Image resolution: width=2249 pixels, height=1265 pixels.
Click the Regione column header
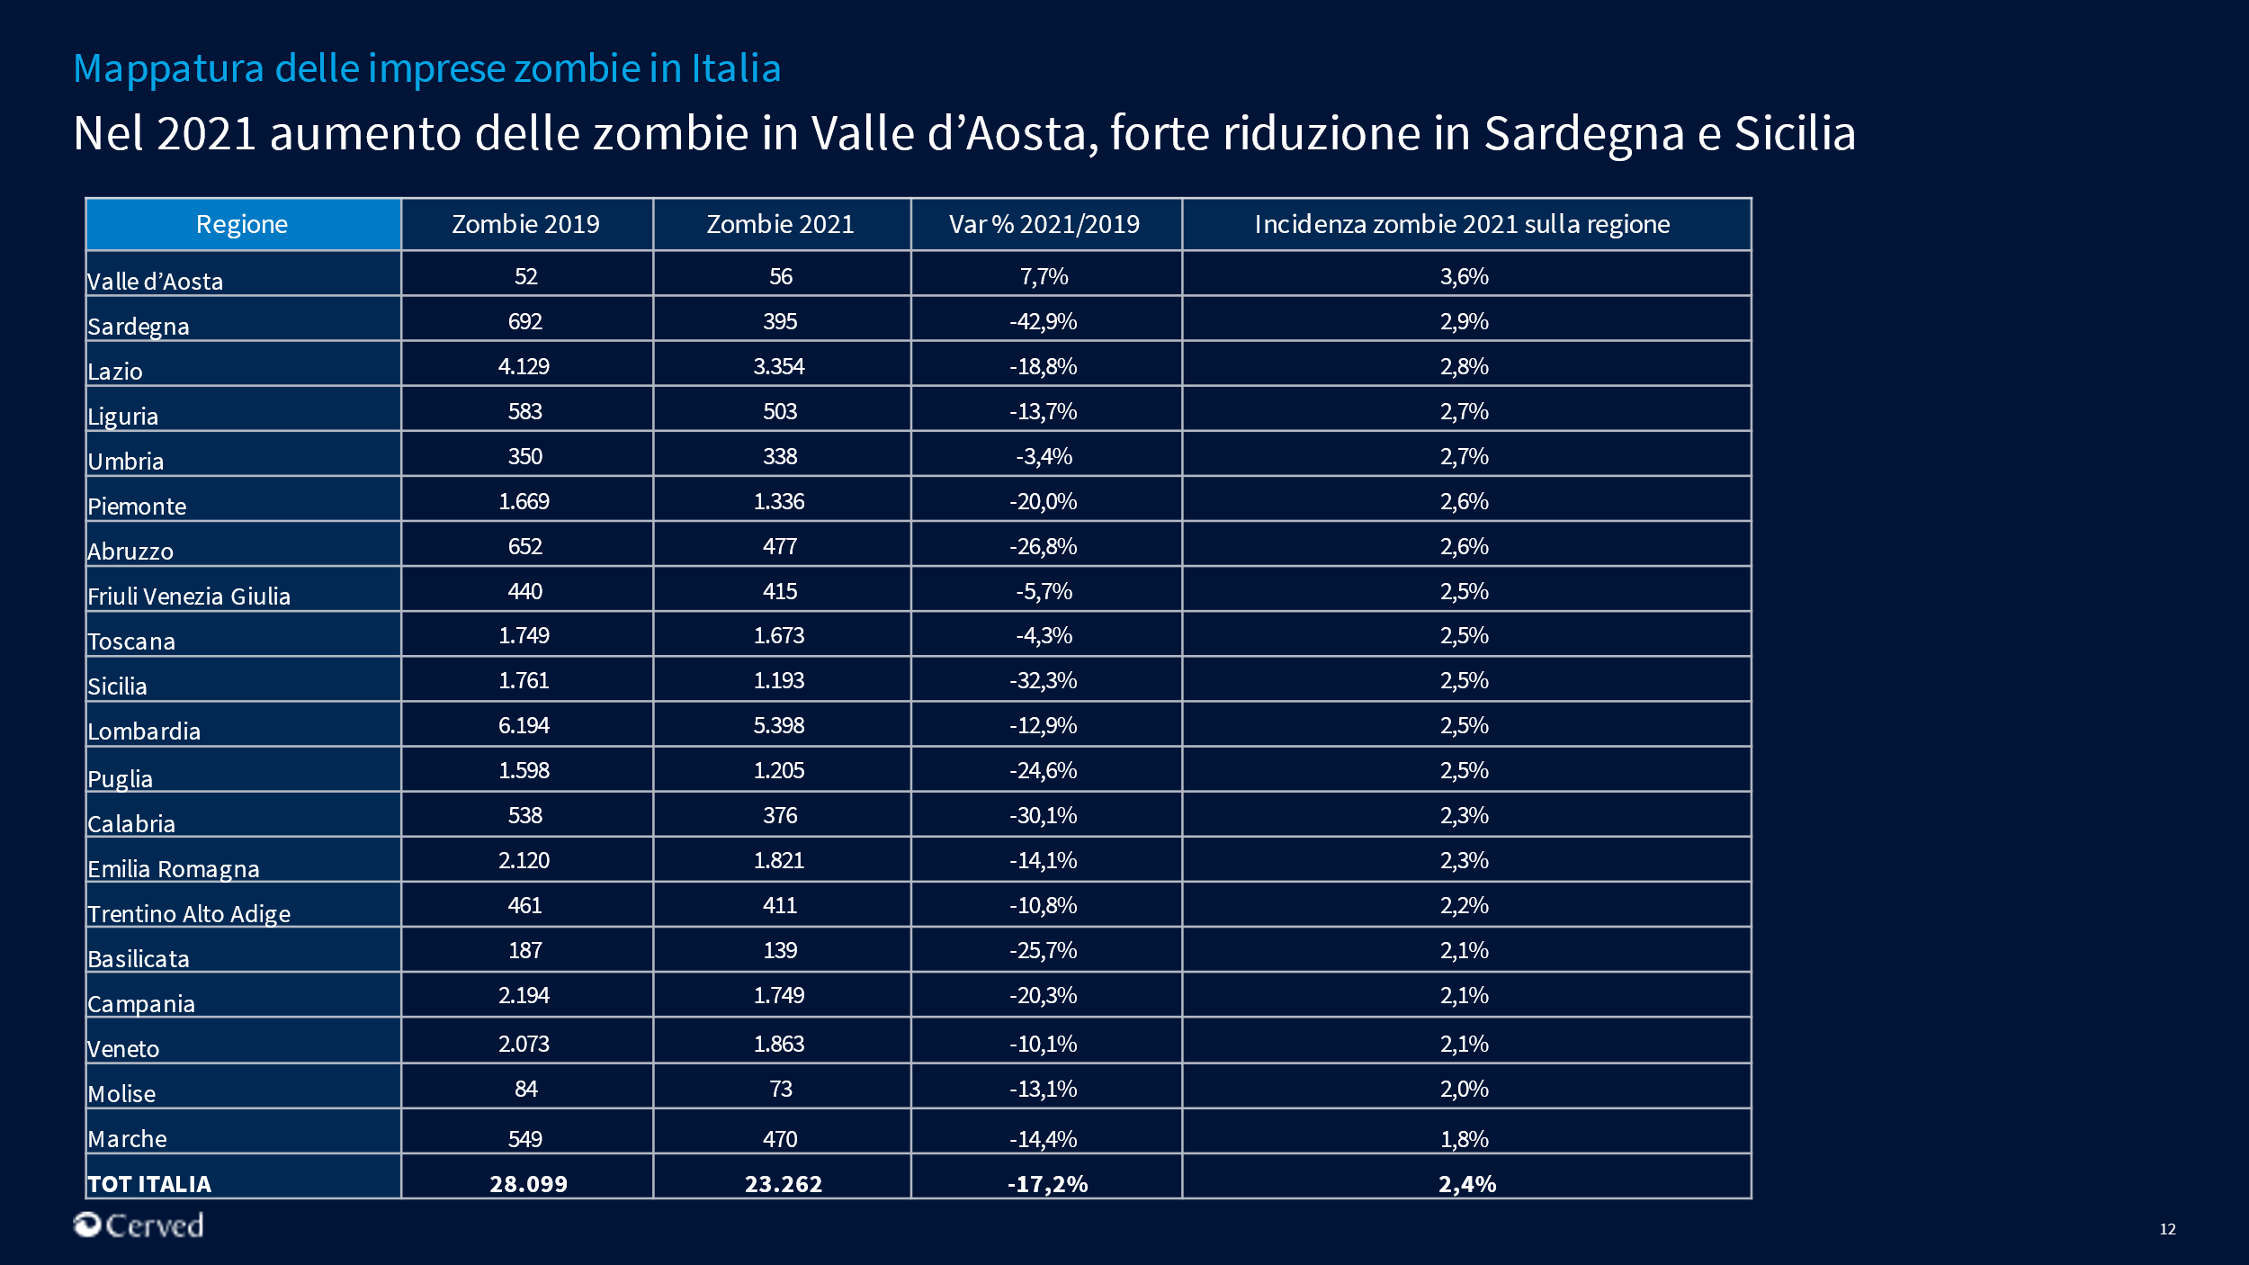242,224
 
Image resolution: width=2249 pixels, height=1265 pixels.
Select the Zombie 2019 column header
525,224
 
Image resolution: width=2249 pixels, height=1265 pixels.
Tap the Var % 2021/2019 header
1044,224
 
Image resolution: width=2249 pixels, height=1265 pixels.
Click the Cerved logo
139,1225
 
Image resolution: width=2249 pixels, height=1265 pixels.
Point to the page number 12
2167,1229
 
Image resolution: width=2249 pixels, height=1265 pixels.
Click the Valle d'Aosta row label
155,282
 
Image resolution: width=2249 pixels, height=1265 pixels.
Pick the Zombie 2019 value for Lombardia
524,725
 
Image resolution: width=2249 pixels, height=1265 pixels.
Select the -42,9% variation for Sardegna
1043,321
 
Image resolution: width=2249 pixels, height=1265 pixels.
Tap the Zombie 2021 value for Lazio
779,366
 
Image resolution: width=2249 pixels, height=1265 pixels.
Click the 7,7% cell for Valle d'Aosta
1044,276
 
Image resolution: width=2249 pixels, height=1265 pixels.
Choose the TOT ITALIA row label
149,1184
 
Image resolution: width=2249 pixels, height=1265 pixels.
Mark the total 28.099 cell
528,1184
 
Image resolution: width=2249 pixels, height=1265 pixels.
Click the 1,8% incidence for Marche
1464,1139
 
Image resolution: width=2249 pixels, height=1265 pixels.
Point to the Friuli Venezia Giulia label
189,597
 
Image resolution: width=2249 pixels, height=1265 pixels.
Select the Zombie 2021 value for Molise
780,1089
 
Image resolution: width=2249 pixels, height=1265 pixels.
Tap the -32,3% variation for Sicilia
1043,680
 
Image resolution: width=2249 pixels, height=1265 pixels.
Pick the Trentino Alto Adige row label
189,914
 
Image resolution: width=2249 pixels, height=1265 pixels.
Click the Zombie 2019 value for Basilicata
525,950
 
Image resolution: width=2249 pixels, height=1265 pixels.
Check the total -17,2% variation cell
1047,1184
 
